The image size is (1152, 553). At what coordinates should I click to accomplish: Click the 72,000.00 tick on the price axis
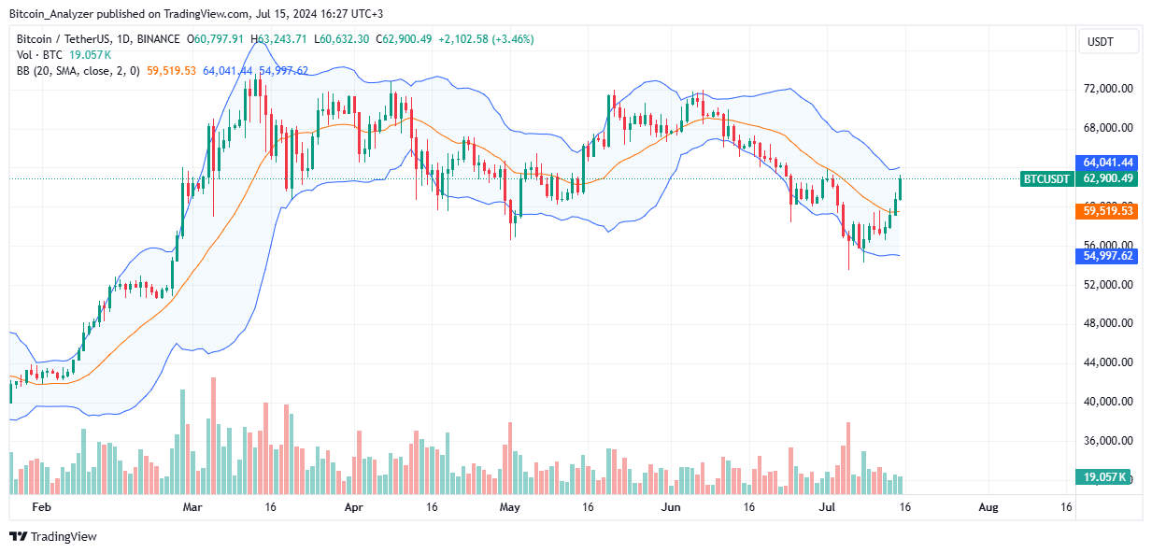[1108, 89]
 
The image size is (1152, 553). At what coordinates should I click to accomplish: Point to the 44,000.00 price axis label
[1108, 362]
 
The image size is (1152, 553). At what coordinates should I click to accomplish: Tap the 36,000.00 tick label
[1108, 441]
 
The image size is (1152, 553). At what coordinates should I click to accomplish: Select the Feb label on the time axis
[40, 507]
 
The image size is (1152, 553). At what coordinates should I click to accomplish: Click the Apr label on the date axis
[353, 507]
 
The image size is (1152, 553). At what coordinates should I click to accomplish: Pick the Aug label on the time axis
[988, 507]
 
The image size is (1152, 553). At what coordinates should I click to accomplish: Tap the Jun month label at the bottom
[669, 507]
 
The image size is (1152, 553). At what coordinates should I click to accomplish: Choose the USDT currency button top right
[1108, 41]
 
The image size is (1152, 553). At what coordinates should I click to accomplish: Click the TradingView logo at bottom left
[53, 536]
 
